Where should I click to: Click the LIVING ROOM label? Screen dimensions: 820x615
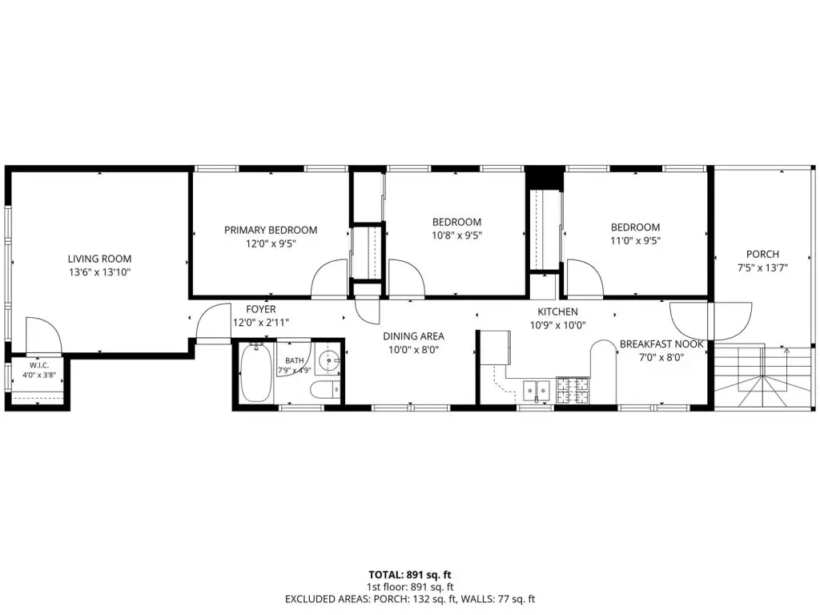coord(99,259)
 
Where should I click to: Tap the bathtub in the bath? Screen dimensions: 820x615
coord(255,372)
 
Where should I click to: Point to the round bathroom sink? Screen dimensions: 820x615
coord(330,360)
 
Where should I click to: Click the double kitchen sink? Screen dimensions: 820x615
coord(537,390)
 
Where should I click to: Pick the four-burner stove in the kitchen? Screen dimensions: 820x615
coord(572,391)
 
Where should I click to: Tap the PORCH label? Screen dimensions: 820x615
coord(762,254)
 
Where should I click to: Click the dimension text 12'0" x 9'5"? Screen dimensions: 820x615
coord(271,243)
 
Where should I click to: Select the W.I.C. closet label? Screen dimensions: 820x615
coord(39,365)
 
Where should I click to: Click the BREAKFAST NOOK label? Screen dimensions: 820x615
coord(661,344)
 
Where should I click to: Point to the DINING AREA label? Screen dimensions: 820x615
coord(414,336)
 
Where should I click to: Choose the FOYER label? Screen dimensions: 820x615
coord(260,309)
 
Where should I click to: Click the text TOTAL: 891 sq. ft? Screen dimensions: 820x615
coord(410,575)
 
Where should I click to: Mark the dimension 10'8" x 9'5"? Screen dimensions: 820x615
coord(456,235)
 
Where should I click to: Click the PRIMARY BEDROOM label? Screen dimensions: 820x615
coord(271,230)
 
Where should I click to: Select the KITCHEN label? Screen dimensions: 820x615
coord(557,312)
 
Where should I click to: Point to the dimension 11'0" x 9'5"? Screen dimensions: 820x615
coord(635,240)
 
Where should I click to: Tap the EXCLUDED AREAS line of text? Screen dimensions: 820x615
coord(410,599)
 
